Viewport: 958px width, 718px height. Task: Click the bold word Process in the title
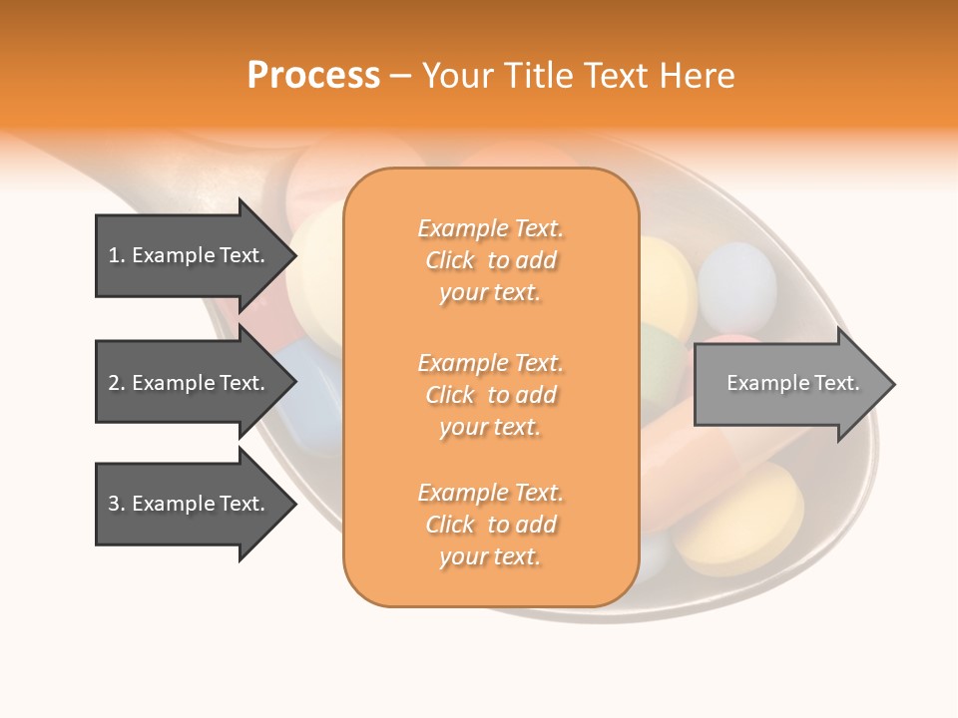tap(313, 76)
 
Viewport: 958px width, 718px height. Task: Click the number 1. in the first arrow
tap(117, 255)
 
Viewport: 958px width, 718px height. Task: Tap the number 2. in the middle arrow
tap(117, 383)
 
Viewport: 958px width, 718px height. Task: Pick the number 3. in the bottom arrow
tap(117, 504)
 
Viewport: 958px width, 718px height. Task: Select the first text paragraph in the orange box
tap(490, 260)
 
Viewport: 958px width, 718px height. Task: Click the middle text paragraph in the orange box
tap(490, 395)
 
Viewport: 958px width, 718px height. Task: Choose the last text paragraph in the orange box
tap(490, 525)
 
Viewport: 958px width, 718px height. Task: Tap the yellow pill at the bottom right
tap(738, 518)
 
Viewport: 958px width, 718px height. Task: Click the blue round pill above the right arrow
tap(736, 285)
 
